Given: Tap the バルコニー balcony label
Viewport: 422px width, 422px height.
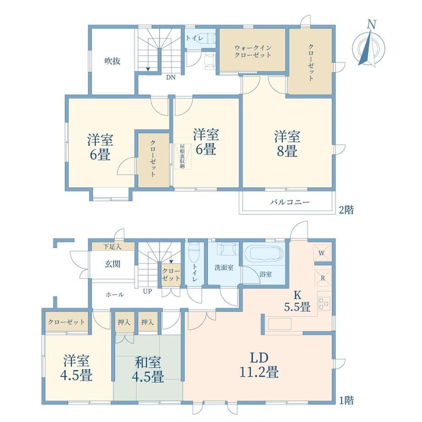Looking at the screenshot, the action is coord(290,202).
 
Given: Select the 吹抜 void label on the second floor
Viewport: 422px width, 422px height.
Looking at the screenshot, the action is coord(112,61).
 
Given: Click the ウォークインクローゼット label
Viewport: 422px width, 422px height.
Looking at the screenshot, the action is coord(252,51).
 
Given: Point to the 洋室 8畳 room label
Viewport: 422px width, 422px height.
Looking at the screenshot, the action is coord(287,144).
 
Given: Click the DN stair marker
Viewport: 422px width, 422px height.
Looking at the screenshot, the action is coord(171,78).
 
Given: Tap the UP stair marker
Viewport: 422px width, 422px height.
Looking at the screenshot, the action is coord(147,291).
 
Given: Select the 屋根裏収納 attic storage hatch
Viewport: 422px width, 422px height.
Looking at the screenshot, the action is coord(183,156).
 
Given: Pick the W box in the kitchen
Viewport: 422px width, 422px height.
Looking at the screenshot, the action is coord(322,253).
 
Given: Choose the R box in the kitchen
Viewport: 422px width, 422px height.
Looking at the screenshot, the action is coord(322,278).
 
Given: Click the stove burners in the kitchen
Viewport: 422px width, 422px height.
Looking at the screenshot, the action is coord(323,304).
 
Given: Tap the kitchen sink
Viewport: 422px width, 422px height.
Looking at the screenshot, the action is coord(280,324).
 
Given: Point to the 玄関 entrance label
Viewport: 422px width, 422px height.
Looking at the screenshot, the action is coord(112,264).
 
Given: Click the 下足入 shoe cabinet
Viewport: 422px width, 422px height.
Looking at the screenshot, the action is coord(113,246).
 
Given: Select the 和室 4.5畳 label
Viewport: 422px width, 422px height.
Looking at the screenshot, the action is coord(148,369).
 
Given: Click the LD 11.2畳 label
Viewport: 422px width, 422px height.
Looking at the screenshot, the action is coord(259,365).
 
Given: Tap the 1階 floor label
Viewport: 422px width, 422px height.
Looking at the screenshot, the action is coord(346,400).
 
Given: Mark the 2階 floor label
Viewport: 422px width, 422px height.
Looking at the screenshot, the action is coord(346,210).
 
